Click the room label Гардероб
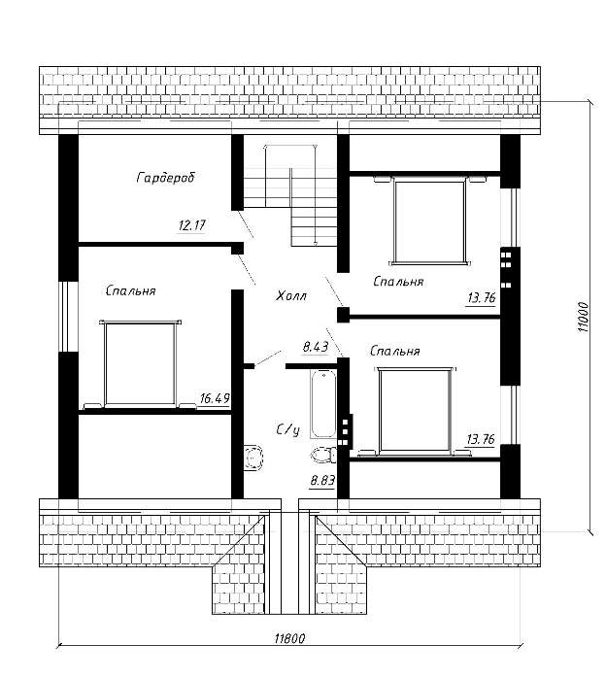point(166,178)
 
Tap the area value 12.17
point(191,225)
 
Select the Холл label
point(291,296)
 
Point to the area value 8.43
point(315,347)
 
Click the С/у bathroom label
point(288,429)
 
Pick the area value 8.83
point(322,481)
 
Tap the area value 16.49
point(215,398)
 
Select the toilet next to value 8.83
point(323,455)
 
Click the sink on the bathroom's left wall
point(253,458)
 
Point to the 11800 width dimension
point(289,638)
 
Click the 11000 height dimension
point(584,317)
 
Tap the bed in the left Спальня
point(140,363)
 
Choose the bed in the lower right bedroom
point(415,411)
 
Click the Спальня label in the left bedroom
point(130,290)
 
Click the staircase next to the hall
point(290,195)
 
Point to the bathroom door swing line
point(267,358)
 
